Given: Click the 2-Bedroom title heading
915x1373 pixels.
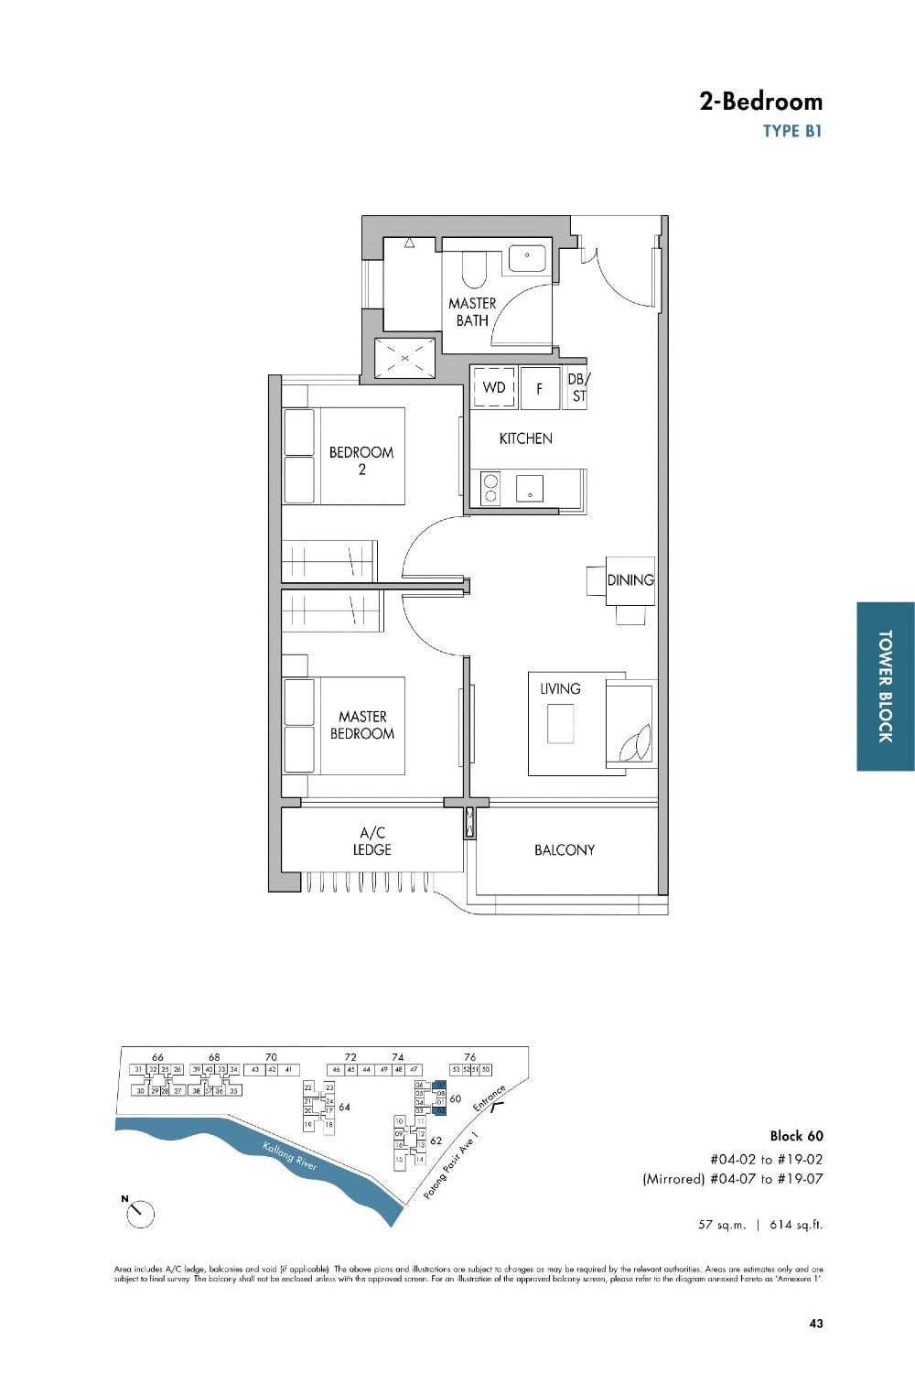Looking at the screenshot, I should pos(760,102).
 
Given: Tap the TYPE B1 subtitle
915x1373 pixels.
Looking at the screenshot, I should pos(792,131).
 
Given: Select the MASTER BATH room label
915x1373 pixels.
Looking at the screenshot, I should pos(472,311).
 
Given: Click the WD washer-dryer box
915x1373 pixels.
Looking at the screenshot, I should pos(494,387).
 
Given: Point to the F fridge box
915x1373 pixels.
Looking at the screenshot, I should pos(540,388).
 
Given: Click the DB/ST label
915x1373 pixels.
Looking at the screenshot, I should pos(578,387).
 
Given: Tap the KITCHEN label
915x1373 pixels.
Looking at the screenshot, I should pos(525,438).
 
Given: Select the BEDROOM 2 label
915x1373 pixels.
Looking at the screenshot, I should pos(361,460).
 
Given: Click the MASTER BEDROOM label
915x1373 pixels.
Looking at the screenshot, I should pos(362,725).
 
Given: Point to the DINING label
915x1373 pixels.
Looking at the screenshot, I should pos(630,579).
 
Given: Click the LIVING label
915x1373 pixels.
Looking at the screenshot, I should pos(560,688).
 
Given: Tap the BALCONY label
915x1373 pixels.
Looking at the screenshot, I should pos(565,849).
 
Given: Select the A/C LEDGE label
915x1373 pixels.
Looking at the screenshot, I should pos(372,841).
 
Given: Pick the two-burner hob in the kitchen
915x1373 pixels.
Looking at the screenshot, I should pos(490,488).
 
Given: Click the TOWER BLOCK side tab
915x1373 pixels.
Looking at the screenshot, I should pos(885,686).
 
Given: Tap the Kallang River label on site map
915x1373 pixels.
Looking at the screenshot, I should pos(289,1156).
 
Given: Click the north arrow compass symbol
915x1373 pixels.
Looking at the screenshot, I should pos(140,1213).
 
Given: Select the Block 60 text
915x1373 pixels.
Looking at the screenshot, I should pos(796,1136).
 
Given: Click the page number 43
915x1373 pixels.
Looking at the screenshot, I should pos(815,1323).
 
